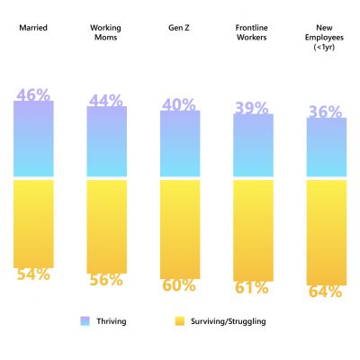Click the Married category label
point(32,28)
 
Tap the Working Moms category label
point(106,32)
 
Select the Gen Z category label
point(178,28)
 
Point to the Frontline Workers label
point(251,32)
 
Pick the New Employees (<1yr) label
point(325,37)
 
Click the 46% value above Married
point(32,93)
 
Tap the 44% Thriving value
point(106,101)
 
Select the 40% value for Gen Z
point(178,105)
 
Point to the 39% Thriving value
point(251,108)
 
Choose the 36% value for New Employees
point(325,112)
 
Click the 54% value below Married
point(32,274)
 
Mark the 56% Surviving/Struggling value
point(106,280)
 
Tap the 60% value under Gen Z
point(178,285)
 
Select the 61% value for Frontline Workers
point(251,288)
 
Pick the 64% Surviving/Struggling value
point(325,292)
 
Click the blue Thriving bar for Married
point(33,139)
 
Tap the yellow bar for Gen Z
point(179,229)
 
